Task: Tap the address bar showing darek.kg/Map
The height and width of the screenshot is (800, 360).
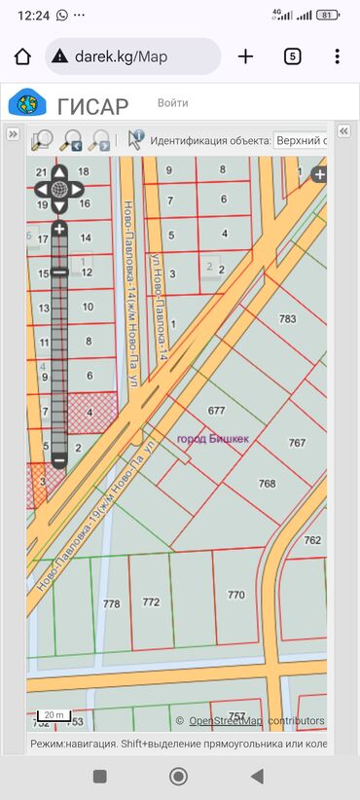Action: click(132, 56)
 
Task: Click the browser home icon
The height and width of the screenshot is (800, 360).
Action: click(22, 56)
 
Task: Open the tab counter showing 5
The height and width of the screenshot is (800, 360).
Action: click(292, 56)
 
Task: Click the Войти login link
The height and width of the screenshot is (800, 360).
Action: click(173, 102)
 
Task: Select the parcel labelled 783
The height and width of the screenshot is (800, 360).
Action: click(287, 319)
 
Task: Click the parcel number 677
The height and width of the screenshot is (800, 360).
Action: click(216, 410)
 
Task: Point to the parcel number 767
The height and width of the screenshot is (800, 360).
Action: click(297, 442)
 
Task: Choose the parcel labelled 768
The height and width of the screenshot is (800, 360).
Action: click(267, 484)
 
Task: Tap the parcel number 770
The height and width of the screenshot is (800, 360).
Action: click(236, 594)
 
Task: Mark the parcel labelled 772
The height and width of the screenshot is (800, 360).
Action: click(151, 602)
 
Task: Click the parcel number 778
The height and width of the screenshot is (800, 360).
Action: click(111, 603)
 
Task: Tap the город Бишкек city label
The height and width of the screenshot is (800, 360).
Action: click(213, 439)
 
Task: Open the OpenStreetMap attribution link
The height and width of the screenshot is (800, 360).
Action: click(225, 721)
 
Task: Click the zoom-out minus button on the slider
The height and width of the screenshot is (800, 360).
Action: click(58, 458)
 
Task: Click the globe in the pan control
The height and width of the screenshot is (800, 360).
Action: click(58, 189)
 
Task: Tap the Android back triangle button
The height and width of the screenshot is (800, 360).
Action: click(257, 776)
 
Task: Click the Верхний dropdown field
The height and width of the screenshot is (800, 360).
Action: click(301, 140)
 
